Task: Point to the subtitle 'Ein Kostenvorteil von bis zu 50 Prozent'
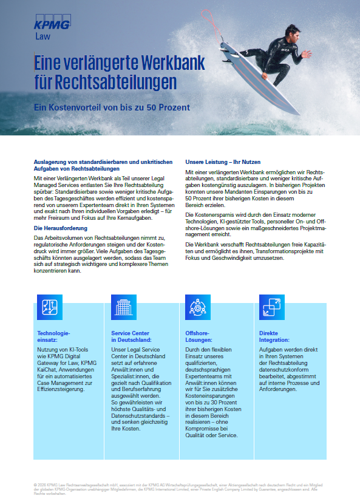click(x=112, y=107)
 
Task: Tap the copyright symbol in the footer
click(x=36, y=484)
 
